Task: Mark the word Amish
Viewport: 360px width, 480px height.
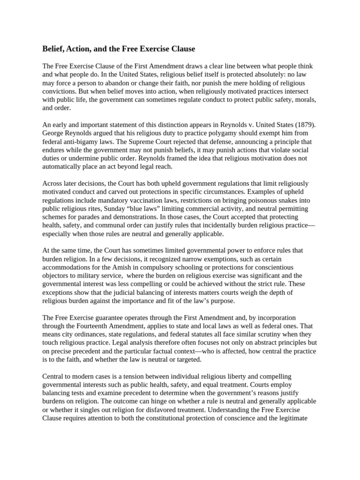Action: [x=119, y=267]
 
